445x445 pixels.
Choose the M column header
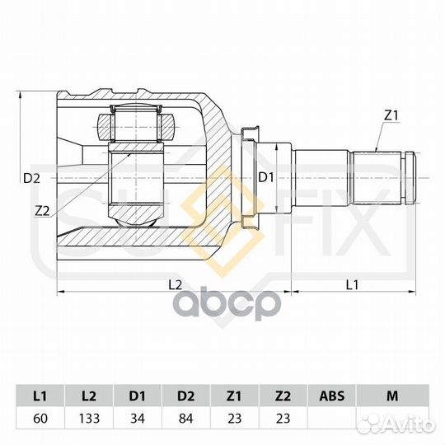[x=391, y=396]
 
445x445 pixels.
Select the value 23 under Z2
[x=283, y=419]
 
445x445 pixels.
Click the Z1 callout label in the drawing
[x=391, y=115]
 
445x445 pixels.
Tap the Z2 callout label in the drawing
[x=42, y=210]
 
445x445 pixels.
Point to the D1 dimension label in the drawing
[x=265, y=177]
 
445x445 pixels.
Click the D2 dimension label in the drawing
[x=31, y=177]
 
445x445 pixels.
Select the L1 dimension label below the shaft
[x=352, y=284]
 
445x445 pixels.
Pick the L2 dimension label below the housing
[x=174, y=284]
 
